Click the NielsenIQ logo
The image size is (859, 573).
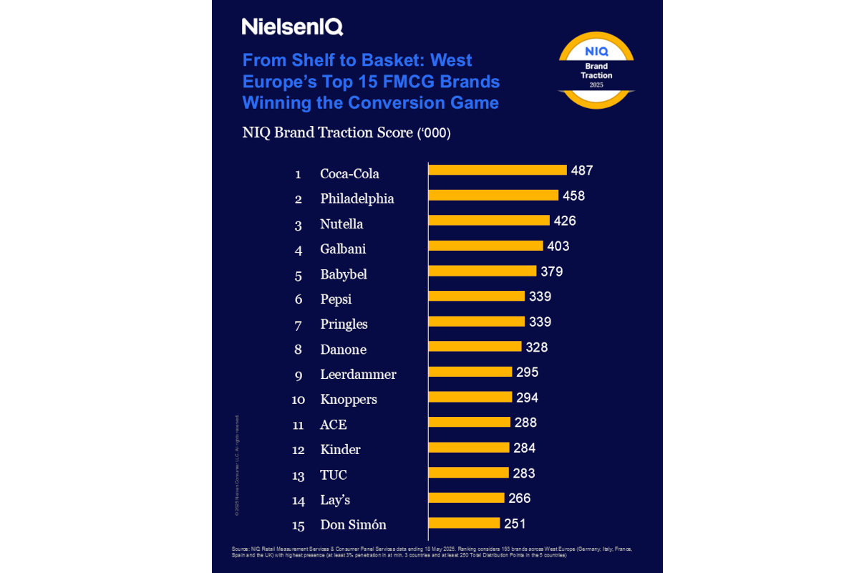(292, 27)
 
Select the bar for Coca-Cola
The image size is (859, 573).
(498, 170)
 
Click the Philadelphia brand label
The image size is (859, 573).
(357, 199)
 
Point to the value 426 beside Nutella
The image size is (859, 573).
(564, 221)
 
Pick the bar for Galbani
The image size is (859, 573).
(485, 246)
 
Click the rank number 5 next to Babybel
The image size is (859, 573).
(299, 275)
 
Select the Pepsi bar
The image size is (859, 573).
(476, 296)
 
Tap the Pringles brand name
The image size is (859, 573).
(344, 324)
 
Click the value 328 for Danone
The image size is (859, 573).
(536, 347)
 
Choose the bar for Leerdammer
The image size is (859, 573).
(470, 372)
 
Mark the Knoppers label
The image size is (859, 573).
(349, 400)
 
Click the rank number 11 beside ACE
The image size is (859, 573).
(299, 425)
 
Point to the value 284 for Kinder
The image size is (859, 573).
(524, 448)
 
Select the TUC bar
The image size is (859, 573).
(469, 473)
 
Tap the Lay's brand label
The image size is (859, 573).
(335, 500)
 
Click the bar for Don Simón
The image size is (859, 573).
(464, 523)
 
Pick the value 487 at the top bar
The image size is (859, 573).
(581, 170)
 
